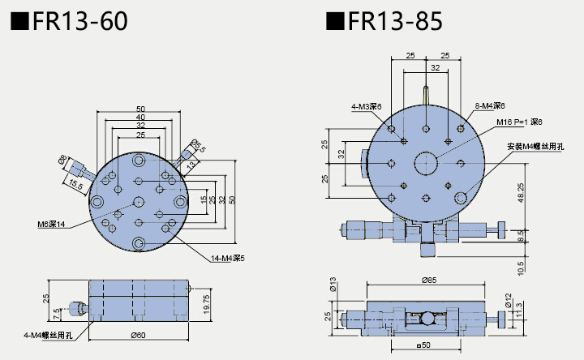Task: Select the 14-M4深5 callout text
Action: click(228, 259)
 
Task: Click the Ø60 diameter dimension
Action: click(140, 335)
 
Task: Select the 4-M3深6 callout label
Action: click(366, 106)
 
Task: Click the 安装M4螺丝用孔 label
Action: click(535, 146)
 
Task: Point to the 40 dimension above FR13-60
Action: click(141, 117)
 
